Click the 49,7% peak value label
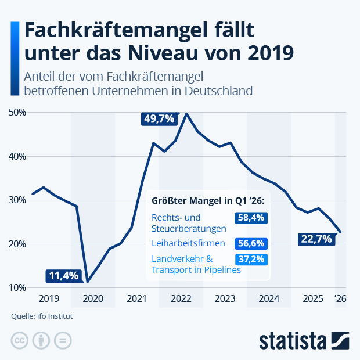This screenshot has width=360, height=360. [x=159, y=119]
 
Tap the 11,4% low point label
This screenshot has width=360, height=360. [x=63, y=275]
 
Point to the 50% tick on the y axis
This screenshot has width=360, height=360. [x=18, y=112]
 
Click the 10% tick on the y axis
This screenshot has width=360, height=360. [x=18, y=287]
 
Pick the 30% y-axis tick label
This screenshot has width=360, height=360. [x=18, y=200]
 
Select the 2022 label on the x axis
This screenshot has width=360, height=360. [x=181, y=299]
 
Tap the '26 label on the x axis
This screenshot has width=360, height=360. [x=340, y=299]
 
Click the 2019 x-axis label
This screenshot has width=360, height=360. [x=49, y=299]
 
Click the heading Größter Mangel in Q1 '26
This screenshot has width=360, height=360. [x=208, y=201]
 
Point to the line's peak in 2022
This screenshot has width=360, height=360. [x=186, y=113]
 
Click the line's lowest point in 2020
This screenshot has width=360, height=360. [x=87, y=282]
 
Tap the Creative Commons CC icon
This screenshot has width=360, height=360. [x=20, y=340]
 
